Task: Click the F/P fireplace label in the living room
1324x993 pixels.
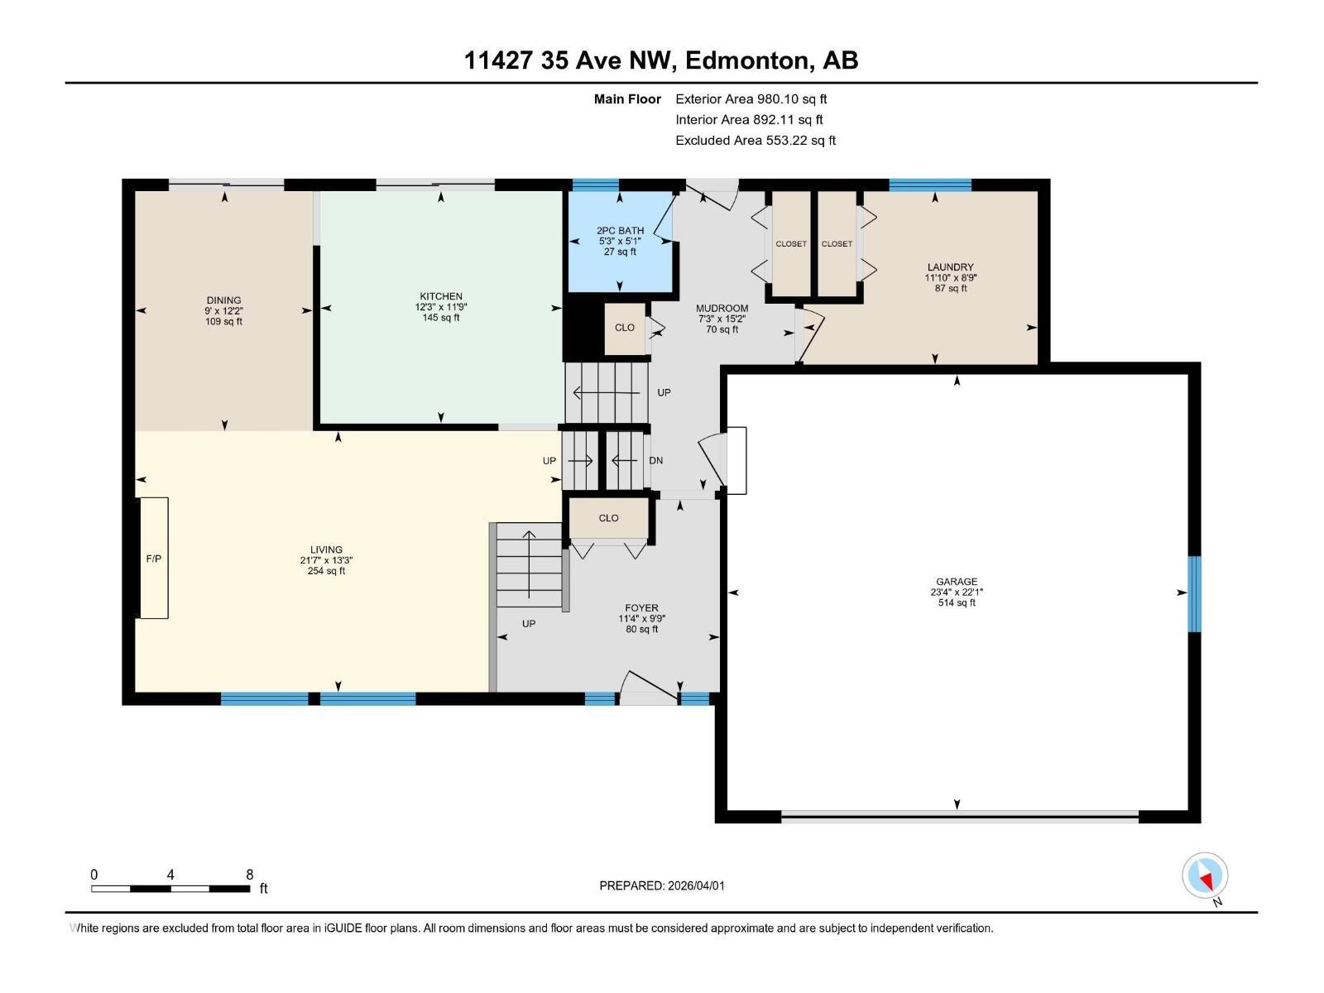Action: [x=154, y=559]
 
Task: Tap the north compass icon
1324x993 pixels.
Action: [x=1205, y=876]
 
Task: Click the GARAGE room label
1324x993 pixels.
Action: [x=957, y=582]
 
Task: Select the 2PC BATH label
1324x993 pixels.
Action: [x=620, y=231]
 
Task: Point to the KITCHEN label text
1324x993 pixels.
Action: [x=441, y=296]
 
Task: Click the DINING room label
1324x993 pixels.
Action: [x=223, y=300]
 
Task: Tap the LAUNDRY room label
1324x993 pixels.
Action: [x=950, y=267]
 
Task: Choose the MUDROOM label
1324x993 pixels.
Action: [x=722, y=309]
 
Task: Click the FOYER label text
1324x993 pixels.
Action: [x=641, y=608]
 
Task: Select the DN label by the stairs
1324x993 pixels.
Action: [x=656, y=461]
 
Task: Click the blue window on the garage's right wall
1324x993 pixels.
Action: [x=1194, y=594]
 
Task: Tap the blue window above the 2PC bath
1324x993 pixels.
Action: [x=596, y=185]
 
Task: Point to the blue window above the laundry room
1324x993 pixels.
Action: [x=929, y=185]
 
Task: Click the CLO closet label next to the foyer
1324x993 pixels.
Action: [x=608, y=518]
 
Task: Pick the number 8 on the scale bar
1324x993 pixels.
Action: [x=249, y=875]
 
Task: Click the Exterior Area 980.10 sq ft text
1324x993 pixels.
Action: [x=751, y=98]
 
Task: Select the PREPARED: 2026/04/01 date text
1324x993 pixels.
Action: [x=662, y=885]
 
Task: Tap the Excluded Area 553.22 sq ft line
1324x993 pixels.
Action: [x=755, y=140]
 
